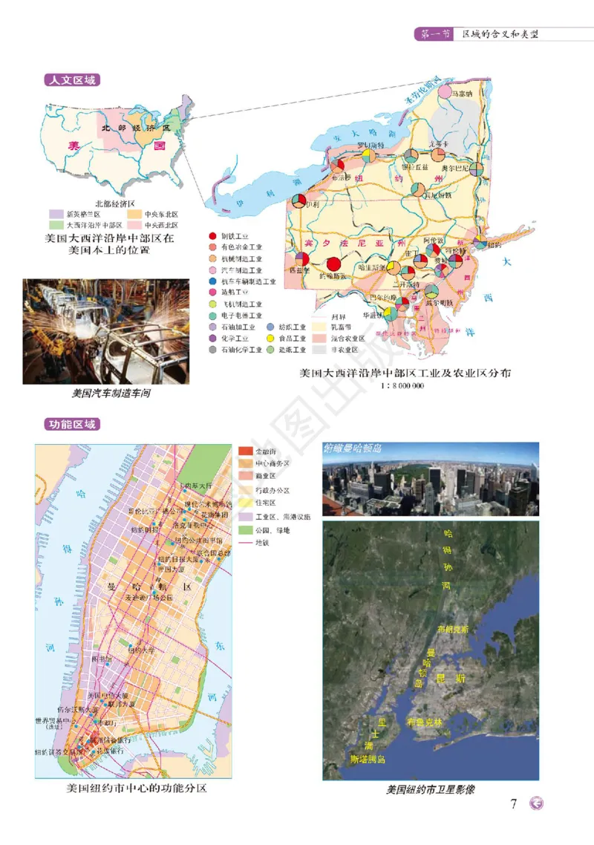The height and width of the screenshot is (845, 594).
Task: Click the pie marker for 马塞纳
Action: [x=445, y=92]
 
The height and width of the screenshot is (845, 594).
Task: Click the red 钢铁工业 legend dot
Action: [x=213, y=235]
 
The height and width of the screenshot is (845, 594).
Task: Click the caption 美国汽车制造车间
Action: [x=111, y=394]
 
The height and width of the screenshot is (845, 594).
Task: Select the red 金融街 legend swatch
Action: [x=244, y=451]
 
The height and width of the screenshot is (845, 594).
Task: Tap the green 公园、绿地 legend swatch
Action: [x=244, y=529]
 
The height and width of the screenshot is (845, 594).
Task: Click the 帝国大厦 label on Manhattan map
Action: [x=170, y=570]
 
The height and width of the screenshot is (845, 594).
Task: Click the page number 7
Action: [x=514, y=803]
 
